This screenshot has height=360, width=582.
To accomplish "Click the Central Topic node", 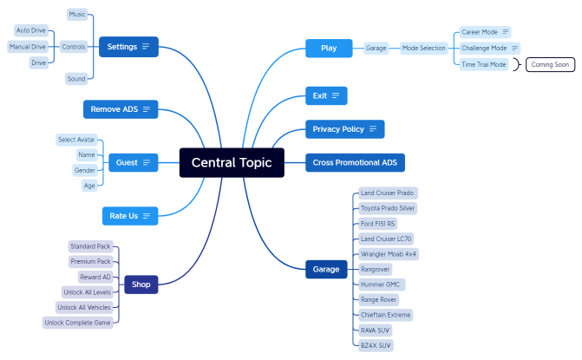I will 232,162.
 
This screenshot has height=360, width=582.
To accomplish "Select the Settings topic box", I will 128,47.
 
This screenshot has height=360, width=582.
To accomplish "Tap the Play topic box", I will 329,49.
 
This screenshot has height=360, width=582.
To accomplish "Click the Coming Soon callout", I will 549,64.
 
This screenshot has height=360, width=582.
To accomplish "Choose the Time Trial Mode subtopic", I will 484,64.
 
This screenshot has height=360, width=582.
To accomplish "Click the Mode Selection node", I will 424,49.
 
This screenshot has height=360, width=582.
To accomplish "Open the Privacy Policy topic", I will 344,129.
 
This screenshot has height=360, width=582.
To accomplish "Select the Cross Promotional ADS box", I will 355,162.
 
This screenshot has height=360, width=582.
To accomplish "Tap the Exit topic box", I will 326,95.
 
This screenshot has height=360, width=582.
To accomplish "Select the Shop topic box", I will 141,284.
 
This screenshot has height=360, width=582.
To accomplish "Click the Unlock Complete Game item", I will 78,323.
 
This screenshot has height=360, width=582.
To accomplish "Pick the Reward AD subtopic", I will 95,277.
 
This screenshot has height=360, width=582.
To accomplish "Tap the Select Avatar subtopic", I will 76,140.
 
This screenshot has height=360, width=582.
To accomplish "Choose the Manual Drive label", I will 28,47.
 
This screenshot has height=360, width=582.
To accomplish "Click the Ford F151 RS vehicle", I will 378,223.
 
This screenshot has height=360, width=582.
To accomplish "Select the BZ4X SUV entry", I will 376,344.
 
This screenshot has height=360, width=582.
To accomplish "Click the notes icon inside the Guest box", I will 147,162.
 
